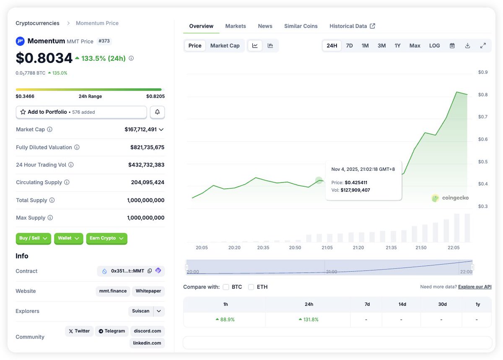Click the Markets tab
(236, 26)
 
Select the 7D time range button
(349, 45)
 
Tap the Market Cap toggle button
(225, 45)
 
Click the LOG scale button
(434, 45)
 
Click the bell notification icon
(157, 112)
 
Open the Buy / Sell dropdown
(33, 238)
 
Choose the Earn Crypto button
(106, 238)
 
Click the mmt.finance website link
(113, 291)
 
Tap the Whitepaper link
(148, 291)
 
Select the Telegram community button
(111, 331)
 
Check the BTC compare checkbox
(226, 287)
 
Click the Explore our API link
(474, 287)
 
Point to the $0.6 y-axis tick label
(483, 139)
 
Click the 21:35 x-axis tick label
(391, 248)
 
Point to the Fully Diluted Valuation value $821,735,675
(147, 147)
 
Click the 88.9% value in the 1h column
(225, 319)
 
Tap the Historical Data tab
(352, 26)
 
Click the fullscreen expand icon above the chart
(483, 45)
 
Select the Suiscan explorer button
(140, 311)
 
